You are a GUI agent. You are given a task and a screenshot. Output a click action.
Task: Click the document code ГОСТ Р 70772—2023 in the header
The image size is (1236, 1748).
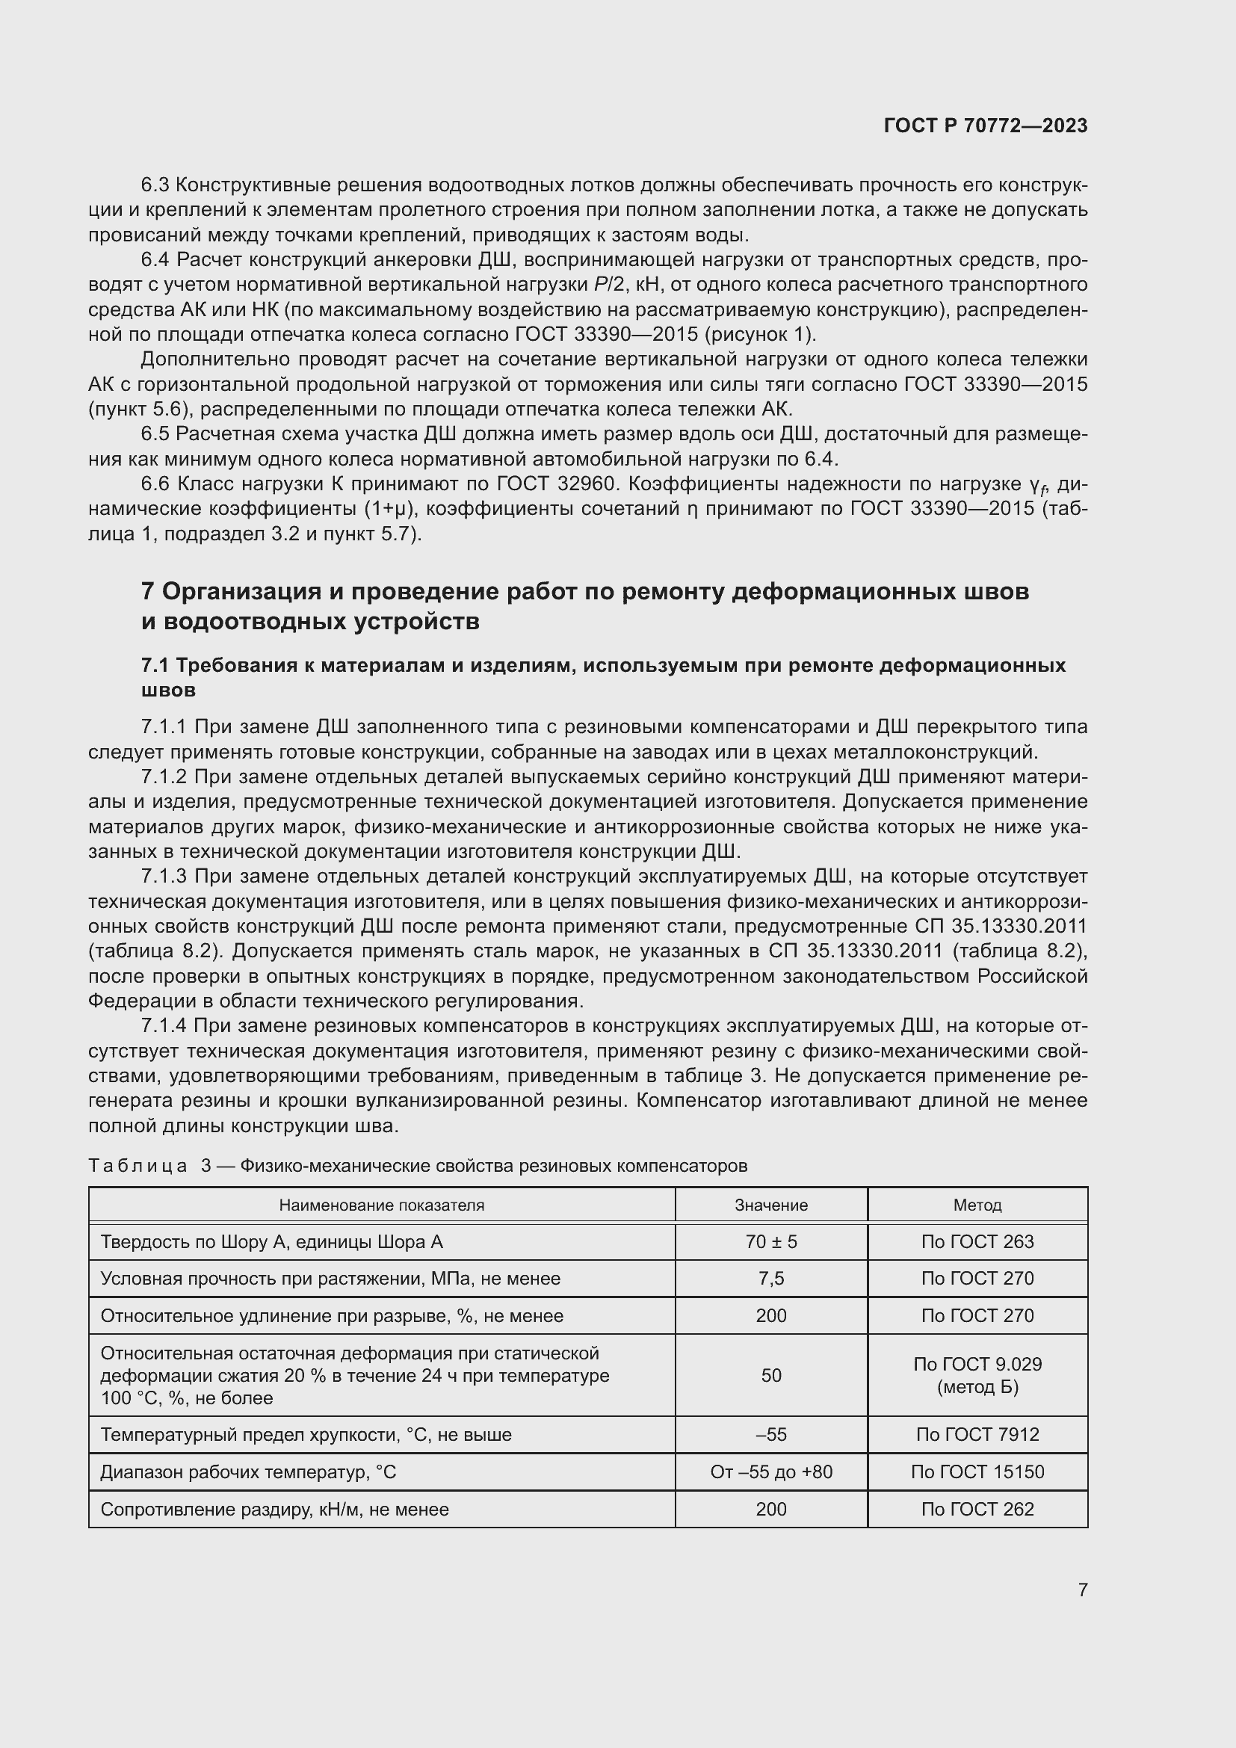click(x=986, y=126)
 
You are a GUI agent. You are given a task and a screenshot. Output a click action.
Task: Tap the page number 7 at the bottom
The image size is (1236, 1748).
click(x=1082, y=1590)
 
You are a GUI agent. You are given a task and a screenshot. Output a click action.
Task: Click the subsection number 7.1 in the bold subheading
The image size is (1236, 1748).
click(x=155, y=665)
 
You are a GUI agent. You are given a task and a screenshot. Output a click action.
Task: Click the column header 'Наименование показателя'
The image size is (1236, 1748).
click(x=381, y=1205)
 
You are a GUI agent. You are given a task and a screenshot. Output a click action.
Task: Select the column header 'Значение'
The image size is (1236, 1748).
click(x=771, y=1205)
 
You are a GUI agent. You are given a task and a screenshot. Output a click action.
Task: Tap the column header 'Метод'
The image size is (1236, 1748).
click(x=977, y=1205)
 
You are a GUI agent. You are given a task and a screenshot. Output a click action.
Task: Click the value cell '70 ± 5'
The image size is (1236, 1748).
click(x=771, y=1242)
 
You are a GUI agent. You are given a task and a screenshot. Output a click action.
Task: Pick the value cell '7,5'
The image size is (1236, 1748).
click(x=771, y=1278)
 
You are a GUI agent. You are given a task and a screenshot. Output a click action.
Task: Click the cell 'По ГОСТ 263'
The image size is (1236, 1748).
click(x=977, y=1242)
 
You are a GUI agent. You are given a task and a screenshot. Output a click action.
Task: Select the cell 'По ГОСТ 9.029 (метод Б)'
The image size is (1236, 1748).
click(x=977, y=1375)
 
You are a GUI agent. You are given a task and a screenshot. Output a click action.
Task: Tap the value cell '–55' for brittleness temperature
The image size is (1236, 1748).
click(x=771, y=1434)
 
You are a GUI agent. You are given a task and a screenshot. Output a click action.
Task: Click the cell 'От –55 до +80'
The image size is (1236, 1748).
click(x=771, y=1471)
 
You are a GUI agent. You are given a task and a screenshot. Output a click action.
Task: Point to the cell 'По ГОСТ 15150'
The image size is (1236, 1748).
click(x=977, y=1471)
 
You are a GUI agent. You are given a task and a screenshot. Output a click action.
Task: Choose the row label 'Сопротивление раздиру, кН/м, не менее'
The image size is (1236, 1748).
click(x=275, y=1509)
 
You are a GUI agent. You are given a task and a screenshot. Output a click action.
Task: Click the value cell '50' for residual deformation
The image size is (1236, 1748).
click(x=771, y=1375)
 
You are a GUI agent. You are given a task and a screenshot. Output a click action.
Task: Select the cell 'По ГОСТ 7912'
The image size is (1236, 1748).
click(x=977, y=1434)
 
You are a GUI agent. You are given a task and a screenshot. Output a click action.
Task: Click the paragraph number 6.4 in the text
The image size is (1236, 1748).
click(x=155, y=260)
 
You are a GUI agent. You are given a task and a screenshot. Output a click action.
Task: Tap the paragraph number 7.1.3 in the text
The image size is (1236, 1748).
click(x=164, y=877)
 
